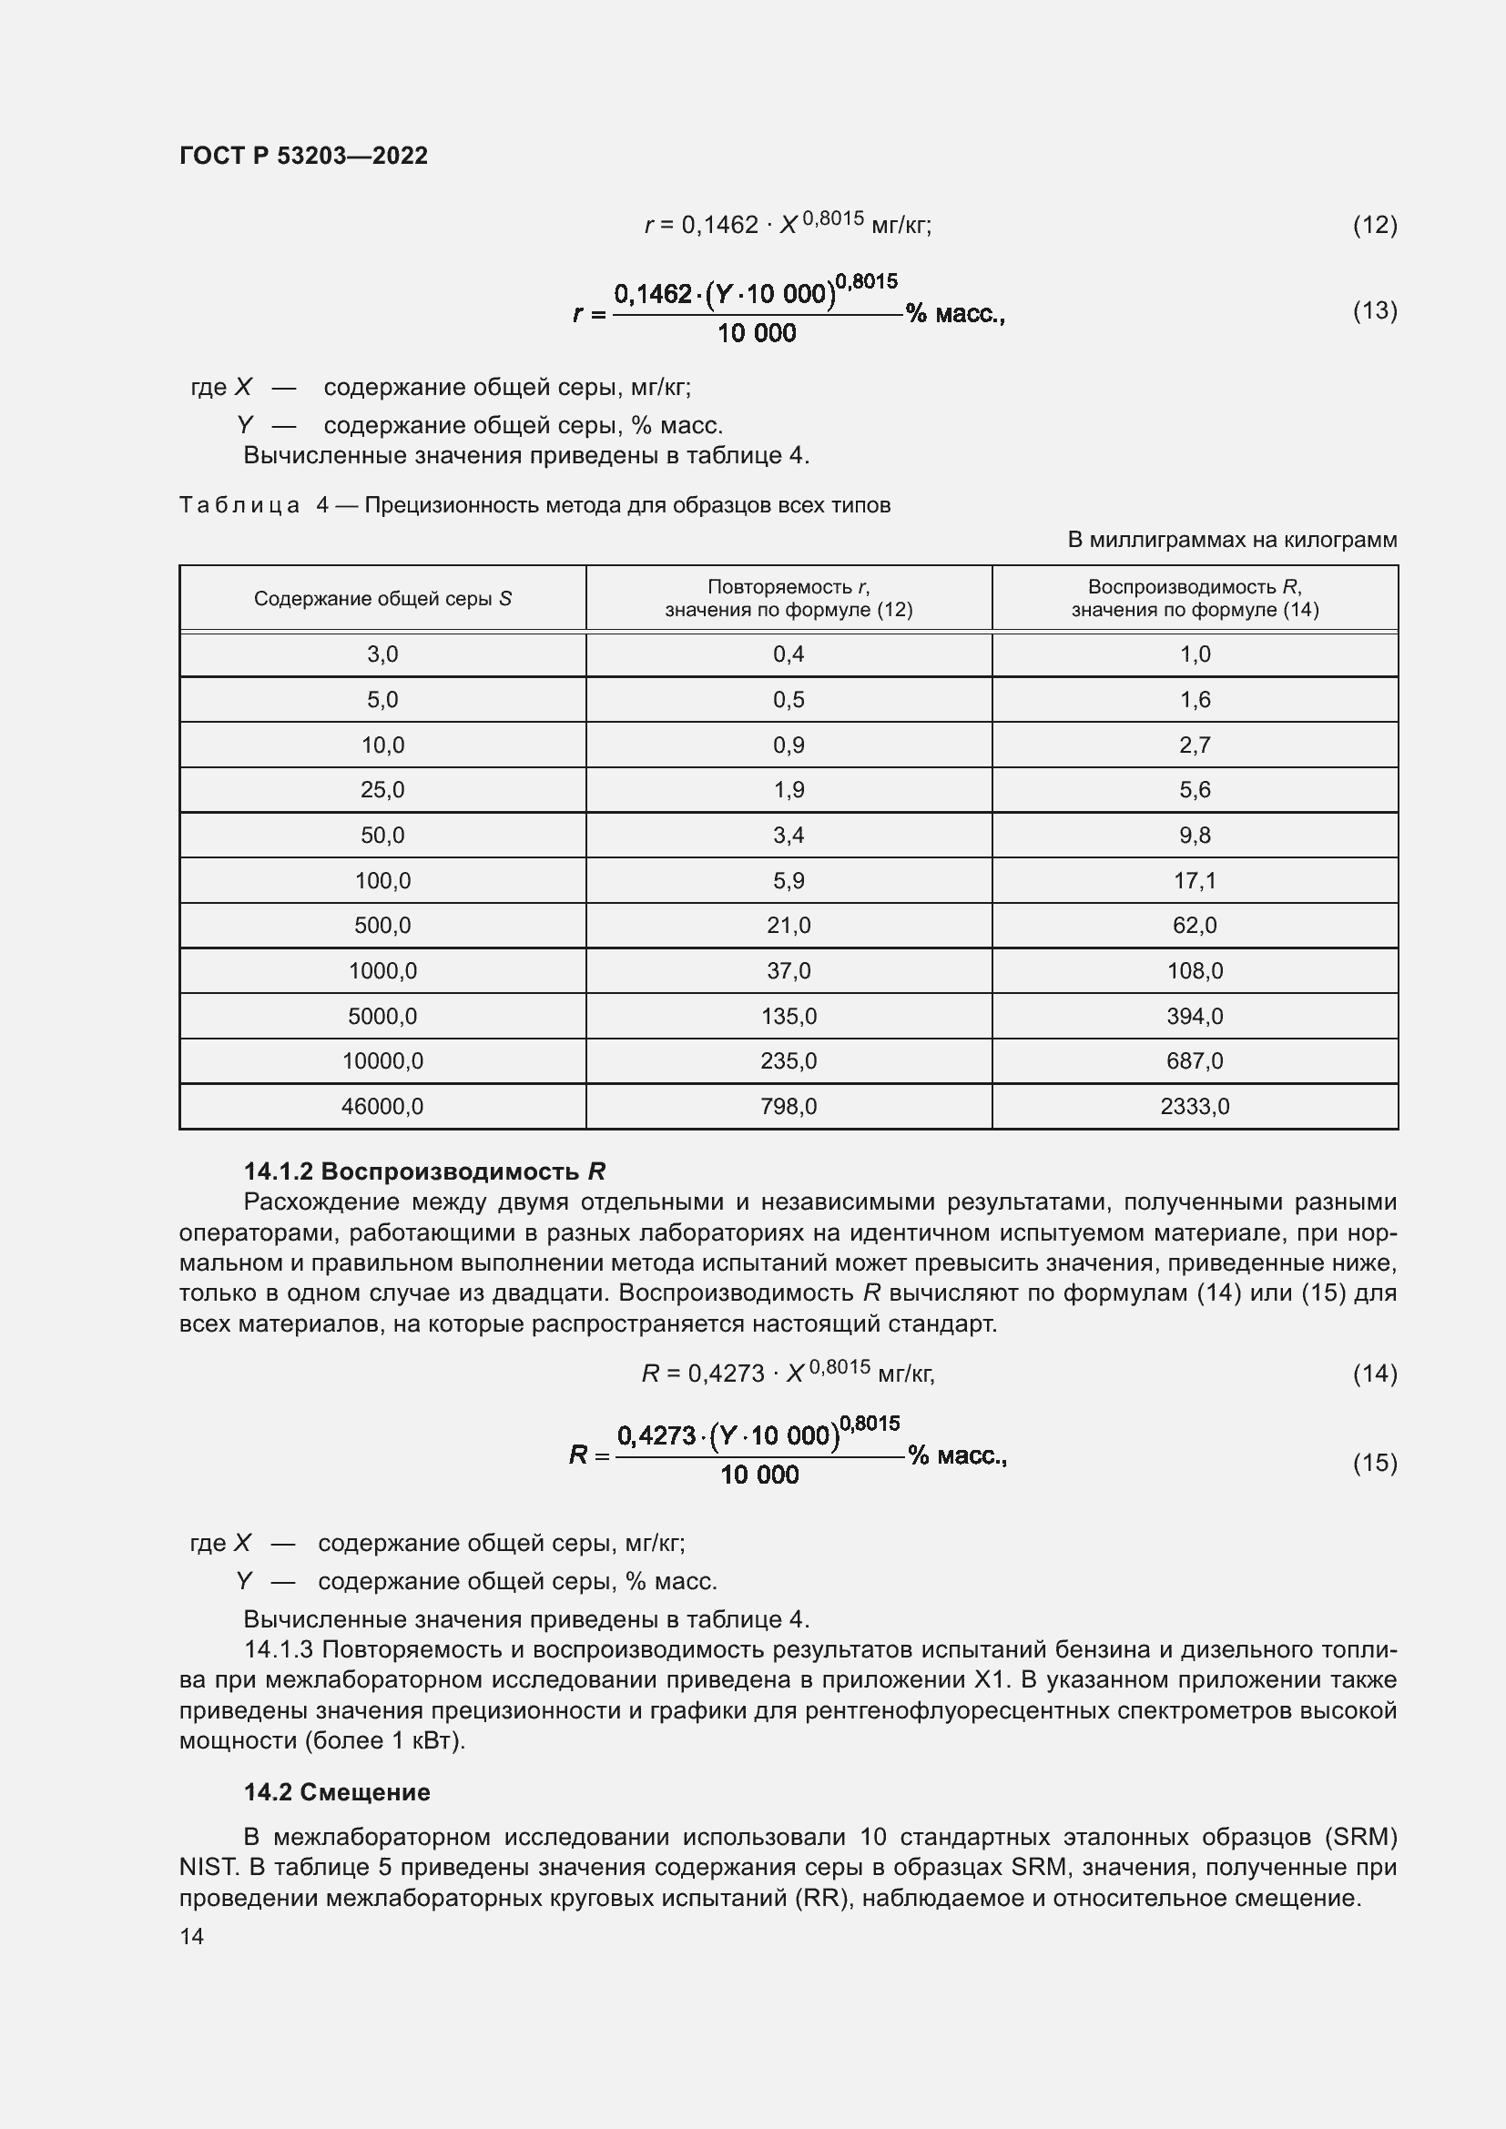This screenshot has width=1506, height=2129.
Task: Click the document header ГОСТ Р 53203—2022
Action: pyautogui.click(x=303, y=156)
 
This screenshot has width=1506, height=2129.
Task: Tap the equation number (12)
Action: pyautogui.click(x=1374, y=225)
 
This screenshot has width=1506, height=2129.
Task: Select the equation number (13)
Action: pyautogui.click(x=1374, y=309)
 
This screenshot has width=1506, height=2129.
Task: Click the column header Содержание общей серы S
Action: pyautogui.click(x=382, y=599)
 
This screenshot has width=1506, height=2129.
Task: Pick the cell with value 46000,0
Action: pyautogui.click(x=382, y=1106)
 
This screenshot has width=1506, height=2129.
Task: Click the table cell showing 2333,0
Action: pyautogui.click(x=1195, y=1106)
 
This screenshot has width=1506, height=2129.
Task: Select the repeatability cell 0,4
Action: pyautogui.click(x=789, y=654)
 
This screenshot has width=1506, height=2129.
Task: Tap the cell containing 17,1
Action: pyautogui.click(x=1195, y=880)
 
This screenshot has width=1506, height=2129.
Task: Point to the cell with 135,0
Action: pyautogui.click(x=789, y=1017)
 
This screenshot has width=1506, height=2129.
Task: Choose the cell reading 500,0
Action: pyautogui.click(x=382, y=926)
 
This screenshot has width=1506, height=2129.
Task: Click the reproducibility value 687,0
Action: pyautogui.click(x=1195, y=1060)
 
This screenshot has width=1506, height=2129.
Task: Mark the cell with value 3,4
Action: pyautogui.click(x=789, y=836)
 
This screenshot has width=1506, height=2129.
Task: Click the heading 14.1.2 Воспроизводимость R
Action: pyautogui.click(x=423, y=1171)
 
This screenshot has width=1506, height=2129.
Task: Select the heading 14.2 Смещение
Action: pyautogui.click(x=337, y=1791)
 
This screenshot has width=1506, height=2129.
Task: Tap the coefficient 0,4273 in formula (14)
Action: pyautogui.click(x=725, y=1374)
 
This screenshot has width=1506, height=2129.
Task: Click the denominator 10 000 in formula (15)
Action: pyautogui.click(x=758, y=1475)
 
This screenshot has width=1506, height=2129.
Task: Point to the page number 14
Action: pyautogui.click(x=191, y=1936)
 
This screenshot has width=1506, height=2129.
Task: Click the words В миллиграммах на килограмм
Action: pyautogui.click(x=1232, y=540)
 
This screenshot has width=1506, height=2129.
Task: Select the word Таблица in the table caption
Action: pyautogui.click(x=239, y=505)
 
